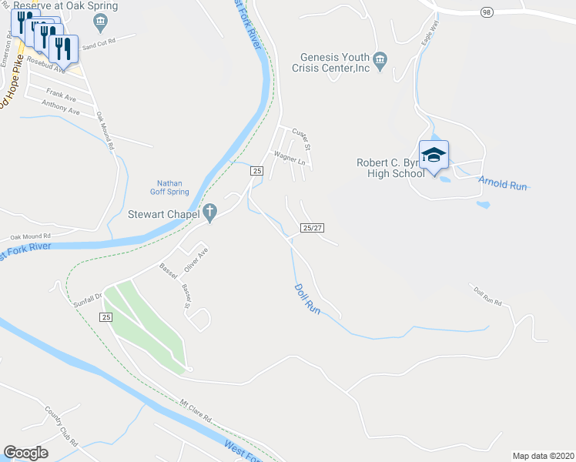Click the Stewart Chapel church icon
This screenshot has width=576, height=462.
tap(209, 213)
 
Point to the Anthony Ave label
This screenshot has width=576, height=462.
tap(61, 110)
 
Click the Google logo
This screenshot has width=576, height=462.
tap(25, 453)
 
